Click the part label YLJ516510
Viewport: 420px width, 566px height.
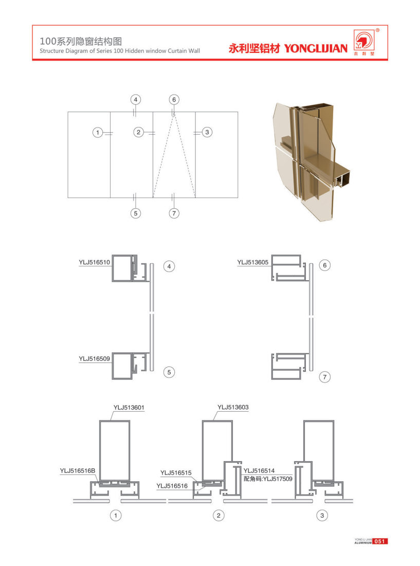click(94, 262)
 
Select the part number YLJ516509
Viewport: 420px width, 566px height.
click(94, 359)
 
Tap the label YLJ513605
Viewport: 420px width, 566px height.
click(252, 262)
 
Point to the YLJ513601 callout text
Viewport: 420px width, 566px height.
click(129, 408)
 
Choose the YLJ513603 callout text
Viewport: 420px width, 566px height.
click(233, 407)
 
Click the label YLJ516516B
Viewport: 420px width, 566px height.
click(78, 471)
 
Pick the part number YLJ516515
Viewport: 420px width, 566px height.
click(176, 473)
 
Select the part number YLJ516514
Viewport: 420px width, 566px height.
click(259, 471)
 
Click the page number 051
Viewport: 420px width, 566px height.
click(379, 541)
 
